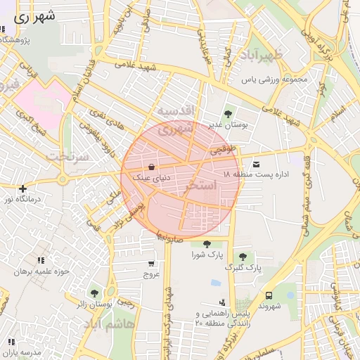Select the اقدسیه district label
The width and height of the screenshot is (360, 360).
coord(174,112)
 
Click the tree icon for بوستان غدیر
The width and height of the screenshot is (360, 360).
coord(227,113)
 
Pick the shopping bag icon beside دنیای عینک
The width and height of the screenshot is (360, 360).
coord(152,167)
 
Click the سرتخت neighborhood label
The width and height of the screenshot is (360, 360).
coord(69,156)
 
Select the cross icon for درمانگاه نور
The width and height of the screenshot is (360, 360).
coord(23,188)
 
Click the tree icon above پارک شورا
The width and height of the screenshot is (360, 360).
coord(206,244)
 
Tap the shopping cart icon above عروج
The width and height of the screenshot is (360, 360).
coord(152,264)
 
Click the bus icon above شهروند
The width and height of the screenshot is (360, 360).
coord(269,295)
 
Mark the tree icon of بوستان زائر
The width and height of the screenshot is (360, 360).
coord(94,292)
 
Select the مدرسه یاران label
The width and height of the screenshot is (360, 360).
coord(25,352)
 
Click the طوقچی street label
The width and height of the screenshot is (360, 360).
coord(226,149)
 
